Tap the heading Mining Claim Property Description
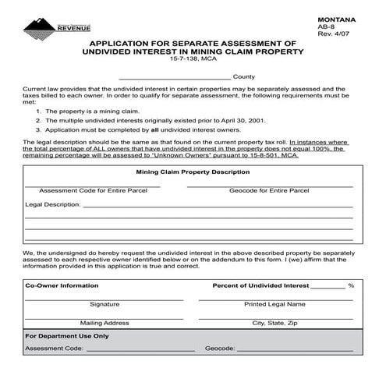[193, 172]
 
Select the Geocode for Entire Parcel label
[269, 191]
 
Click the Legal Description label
[52, 204]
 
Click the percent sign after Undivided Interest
[351, 286]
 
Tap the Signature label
[104, 304]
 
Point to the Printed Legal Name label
[274, 304]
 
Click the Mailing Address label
[104, 322]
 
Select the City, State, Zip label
[274, 322]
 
